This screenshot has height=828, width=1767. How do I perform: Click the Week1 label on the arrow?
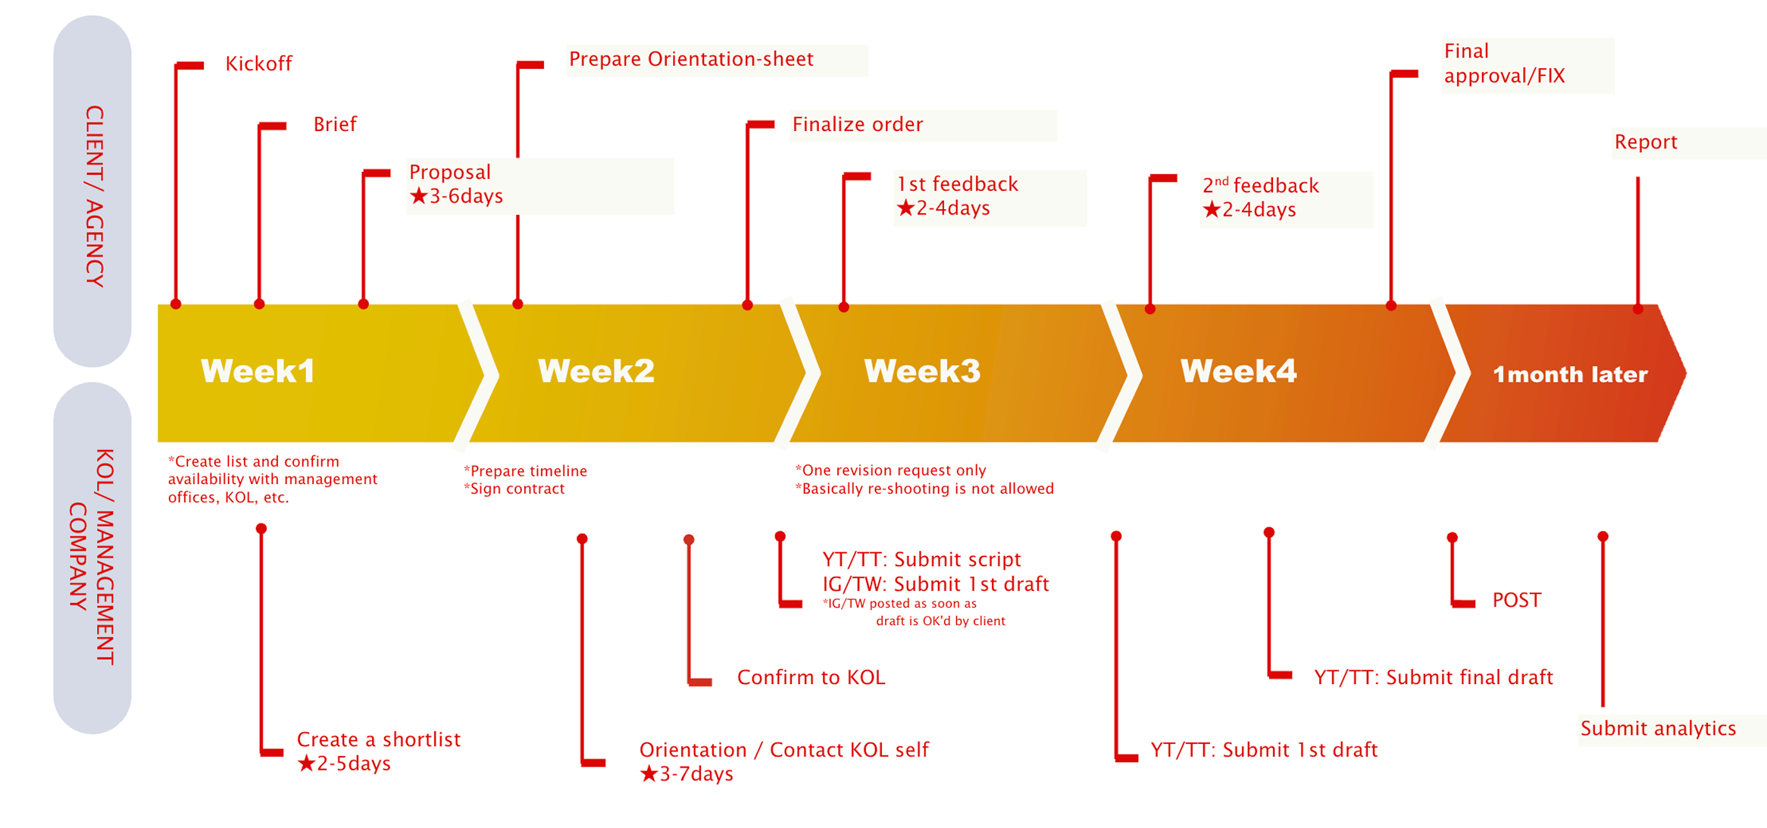(x=258, y=371)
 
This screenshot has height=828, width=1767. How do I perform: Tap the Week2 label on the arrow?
(x=596, y=371)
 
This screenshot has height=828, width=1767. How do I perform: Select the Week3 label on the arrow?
(x=922, y=371)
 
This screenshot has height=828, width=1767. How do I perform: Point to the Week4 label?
(x=1238, y=371)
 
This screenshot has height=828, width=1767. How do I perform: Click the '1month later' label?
(x=1570, y=374)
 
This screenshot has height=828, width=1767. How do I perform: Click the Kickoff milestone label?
(x=258, y=64)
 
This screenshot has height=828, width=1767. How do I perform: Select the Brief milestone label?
(x=335, y=124)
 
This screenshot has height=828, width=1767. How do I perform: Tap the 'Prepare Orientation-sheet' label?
(x=691, y=59)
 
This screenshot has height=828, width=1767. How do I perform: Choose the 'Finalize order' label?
(x=858, y=124)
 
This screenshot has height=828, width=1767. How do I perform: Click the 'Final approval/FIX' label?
(x=1504, y=64)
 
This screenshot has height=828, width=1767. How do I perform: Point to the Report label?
(x=1646, y=142)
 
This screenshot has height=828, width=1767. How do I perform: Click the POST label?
(x=1516, y=600)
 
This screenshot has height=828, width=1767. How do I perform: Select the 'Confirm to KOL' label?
(x=811, y=677)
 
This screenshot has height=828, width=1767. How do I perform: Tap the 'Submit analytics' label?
(x=1658, y=729)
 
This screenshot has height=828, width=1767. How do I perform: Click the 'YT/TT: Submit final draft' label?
(x=1434, y=677)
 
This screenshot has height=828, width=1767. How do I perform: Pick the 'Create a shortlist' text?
(x=379, y=739)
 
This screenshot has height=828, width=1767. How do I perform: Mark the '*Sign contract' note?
(x=514, y=489)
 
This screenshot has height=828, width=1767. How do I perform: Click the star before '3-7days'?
(x=649, y=774)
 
